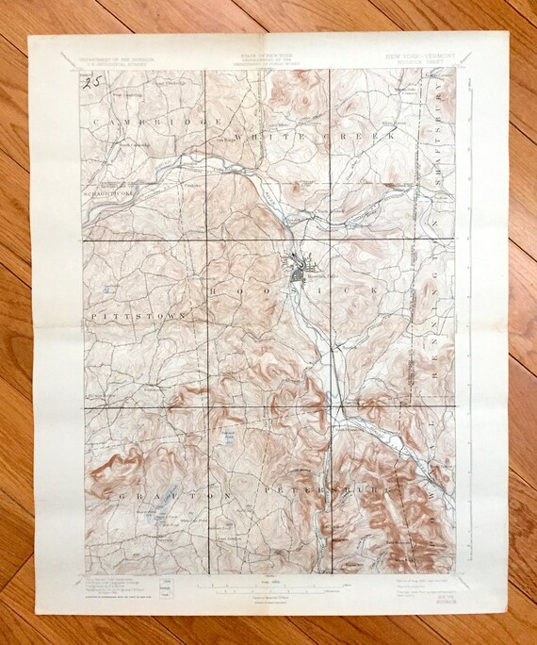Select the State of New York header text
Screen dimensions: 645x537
point(268,58)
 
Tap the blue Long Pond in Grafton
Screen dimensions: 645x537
point(171,518)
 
